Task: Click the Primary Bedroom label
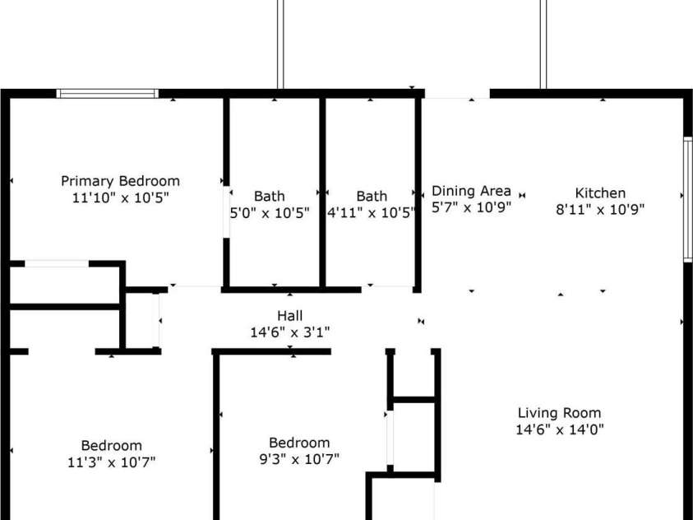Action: pos(120,181)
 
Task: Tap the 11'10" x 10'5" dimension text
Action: pos(121,197)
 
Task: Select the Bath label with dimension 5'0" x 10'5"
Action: pos(269,197)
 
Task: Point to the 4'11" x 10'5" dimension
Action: pos(372,213)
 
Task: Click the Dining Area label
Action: pos(471,191)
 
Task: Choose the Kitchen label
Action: pos(600,193)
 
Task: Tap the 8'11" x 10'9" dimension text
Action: pos(600,209)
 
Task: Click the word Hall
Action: pos(290,316)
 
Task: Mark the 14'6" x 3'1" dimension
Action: pos(290,332)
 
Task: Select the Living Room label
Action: pos(560,413)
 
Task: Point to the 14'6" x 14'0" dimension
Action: pos(560,429)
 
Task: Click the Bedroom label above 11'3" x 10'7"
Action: pos(111,446)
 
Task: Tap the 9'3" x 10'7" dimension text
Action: pos(299,459)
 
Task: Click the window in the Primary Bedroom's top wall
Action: pos(108,93)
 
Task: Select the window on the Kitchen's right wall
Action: pos(688,199)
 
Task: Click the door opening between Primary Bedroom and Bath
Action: pos(226,212)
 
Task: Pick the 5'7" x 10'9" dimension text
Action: pos(471,207)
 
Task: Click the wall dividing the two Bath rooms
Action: pos(322,193)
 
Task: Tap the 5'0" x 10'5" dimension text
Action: pos(269,213)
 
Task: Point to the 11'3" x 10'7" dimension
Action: pos(111,462)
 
